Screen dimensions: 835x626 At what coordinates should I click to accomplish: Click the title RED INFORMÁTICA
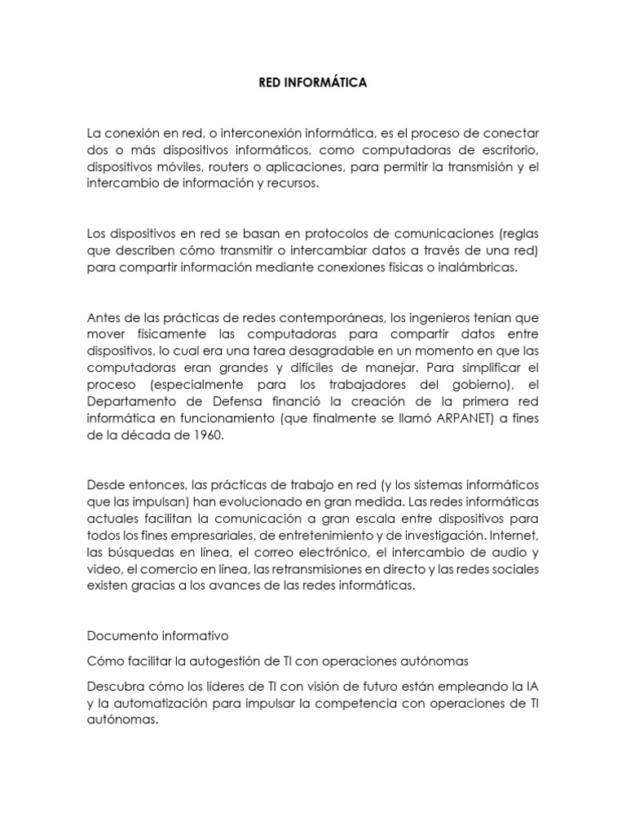point(313,82)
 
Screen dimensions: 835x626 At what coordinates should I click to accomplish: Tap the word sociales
point(516,568)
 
